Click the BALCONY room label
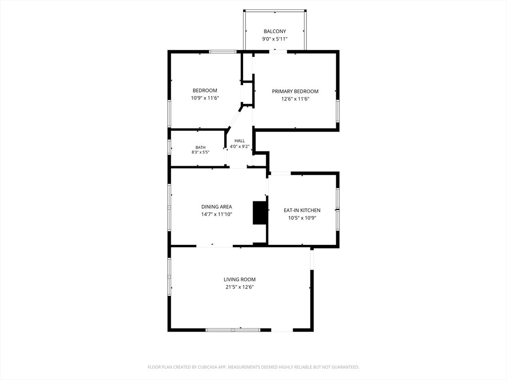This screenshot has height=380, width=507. pyautogui.click(x=275, y=31)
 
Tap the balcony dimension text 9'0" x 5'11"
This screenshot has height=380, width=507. pyautogui.click(x=275, y=39)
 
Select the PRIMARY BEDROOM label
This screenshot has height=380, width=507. pyautogui.click(x=295, y=92)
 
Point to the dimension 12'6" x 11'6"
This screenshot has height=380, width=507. pyautogui.click(x=295, y=99)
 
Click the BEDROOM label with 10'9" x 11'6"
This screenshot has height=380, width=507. pyautogui.click(x=205, y=91)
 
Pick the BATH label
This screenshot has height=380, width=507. pyautogui.click(x=201, y=147)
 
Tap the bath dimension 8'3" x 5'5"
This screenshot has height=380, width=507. pyautogui.click(x=201, y=152)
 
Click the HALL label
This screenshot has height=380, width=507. pyautogui.click(x=240, y=141)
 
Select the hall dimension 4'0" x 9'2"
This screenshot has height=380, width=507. pyautogui.click(x=240, y=146)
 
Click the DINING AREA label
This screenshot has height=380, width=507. pyautogui.click(x=217, y=207)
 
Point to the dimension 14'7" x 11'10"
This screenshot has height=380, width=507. pyautogui.click(x=217, y=214)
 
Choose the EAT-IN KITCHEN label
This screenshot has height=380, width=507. pyautogui.click(x=302, y=210)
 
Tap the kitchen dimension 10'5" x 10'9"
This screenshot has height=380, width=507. pyautogui.click(x=302, y=218)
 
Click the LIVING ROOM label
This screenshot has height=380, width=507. pyautogui.click(x=240, y=280)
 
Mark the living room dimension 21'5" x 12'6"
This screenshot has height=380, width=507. pyautogui.click(x=240, y=287)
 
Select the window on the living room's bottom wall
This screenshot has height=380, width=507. pyautogui.click(x=233, y=330)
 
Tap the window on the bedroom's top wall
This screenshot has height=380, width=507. pyautogui.click(x=223, y=51)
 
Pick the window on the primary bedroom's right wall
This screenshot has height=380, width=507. pyautogui.click(x=338, y=111)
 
